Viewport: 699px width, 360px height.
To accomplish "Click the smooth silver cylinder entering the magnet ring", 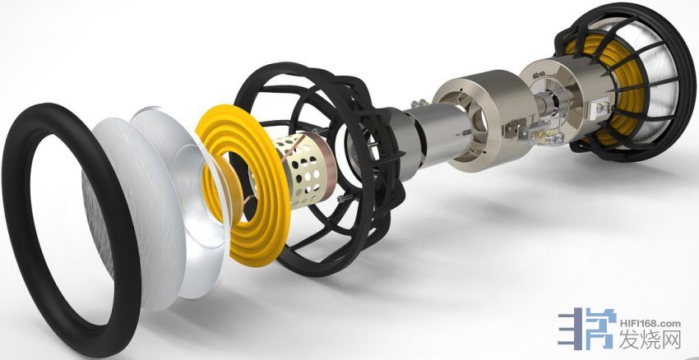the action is point(439,134).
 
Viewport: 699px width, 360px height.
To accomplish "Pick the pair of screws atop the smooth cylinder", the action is point(419,104).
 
